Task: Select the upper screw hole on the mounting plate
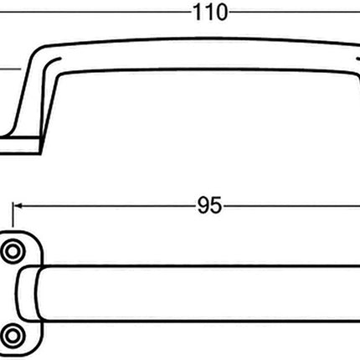tap(13, 252)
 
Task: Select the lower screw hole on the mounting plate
tap(13, 334)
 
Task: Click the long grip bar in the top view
tap(201, 293)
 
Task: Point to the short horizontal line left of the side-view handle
tap(8, 70)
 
